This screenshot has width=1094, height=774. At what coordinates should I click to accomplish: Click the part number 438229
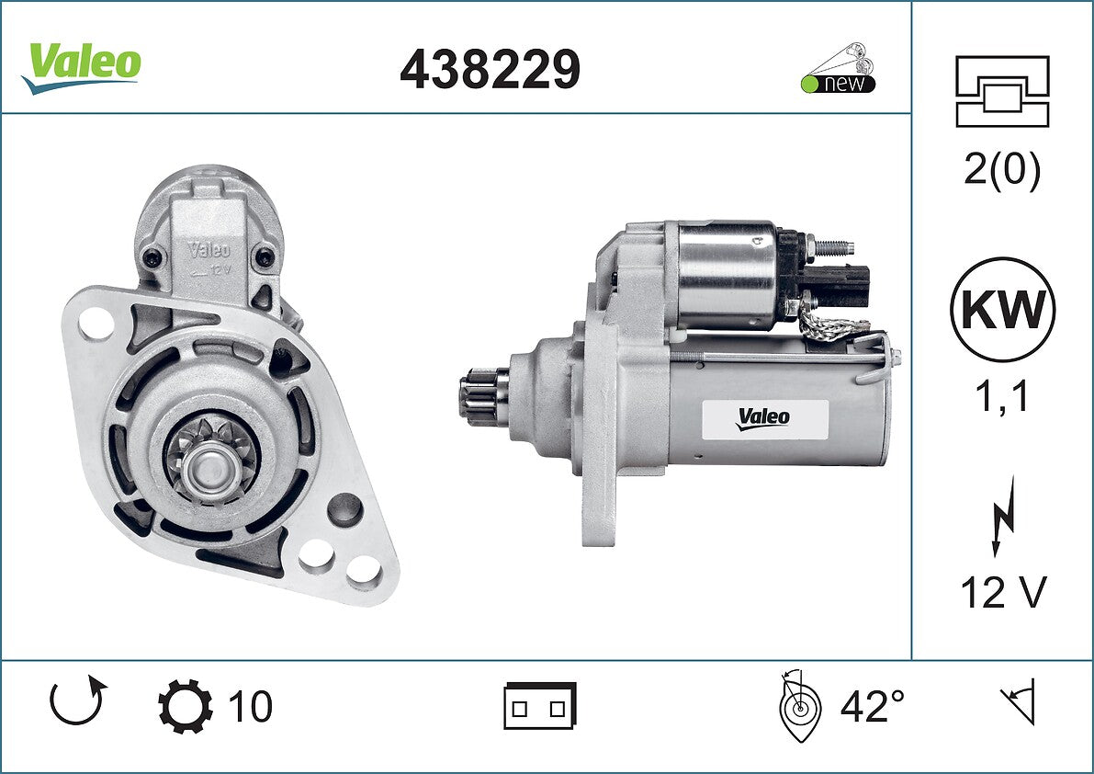point(490,69)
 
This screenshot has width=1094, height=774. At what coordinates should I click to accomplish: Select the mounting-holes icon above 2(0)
point(1002,91)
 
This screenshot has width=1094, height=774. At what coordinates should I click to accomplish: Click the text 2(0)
point(1002,168)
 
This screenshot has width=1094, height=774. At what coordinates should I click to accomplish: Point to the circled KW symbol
point(1002,309)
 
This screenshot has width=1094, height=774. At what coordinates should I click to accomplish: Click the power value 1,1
point(1002,396)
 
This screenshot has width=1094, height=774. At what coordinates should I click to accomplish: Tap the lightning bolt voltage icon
point(1002,517)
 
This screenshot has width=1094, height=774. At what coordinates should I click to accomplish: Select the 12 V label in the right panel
point(1003,593)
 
